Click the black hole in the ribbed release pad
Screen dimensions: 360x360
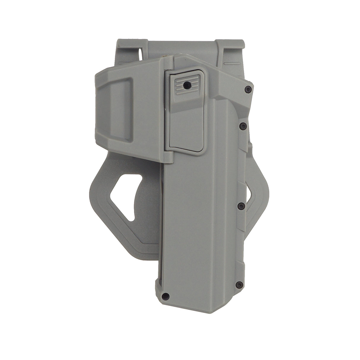[186, 85]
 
